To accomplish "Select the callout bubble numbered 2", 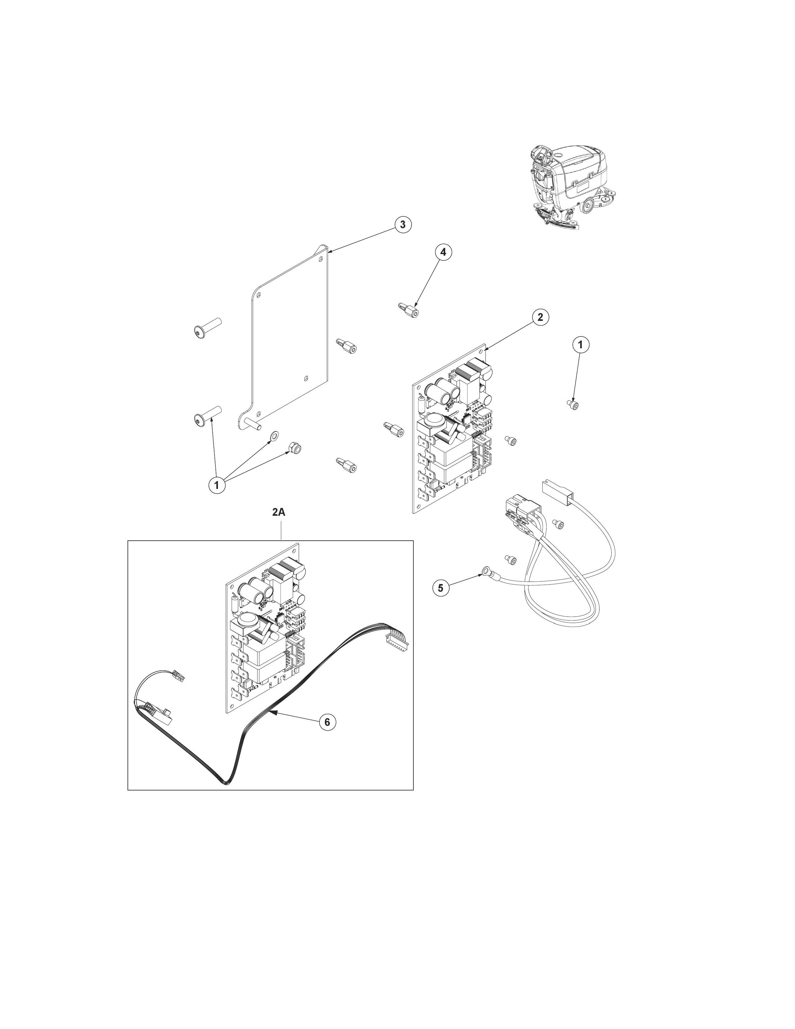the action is [x=540, y=317].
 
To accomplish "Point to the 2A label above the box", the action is [x=279, y=512].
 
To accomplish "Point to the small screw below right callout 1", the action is [x=573, y=405].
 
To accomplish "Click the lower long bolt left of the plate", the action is [x=207, y=416].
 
